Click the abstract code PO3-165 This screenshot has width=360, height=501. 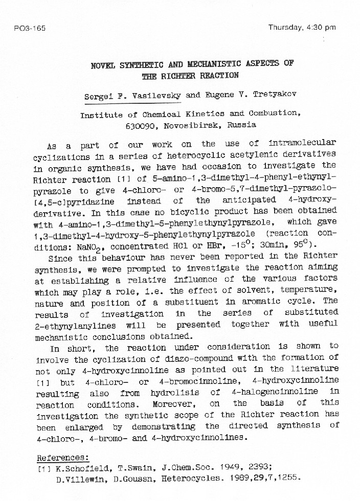point(30,28)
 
